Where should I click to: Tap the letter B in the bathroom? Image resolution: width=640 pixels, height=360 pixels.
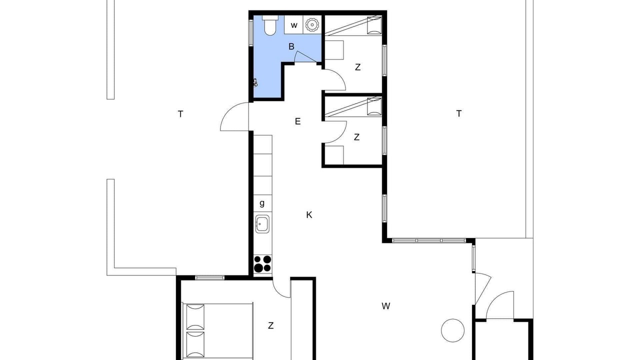291,46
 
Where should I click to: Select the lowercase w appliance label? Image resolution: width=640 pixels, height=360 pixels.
294,25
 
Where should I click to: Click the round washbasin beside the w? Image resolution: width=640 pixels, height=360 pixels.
312,25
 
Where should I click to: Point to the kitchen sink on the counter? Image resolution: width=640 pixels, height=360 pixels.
262,224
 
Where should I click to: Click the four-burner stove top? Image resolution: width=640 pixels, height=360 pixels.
262,263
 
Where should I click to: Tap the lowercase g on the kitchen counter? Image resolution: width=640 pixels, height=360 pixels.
262,203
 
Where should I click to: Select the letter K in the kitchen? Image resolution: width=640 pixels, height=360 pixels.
309,215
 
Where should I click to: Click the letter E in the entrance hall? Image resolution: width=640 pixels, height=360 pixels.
297,121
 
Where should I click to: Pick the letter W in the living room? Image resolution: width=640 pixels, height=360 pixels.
385,306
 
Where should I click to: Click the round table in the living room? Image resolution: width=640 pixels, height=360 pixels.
452,330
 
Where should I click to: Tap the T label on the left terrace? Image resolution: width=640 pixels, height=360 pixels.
180,114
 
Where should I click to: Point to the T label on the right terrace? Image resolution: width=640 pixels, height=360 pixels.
459,113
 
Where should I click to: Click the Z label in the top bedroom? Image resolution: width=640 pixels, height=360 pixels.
357,67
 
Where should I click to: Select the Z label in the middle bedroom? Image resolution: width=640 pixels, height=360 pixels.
356,137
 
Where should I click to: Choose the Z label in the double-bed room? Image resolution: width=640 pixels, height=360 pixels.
271,325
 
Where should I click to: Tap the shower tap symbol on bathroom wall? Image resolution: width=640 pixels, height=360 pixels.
255,82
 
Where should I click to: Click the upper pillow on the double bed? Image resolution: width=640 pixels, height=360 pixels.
195,317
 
